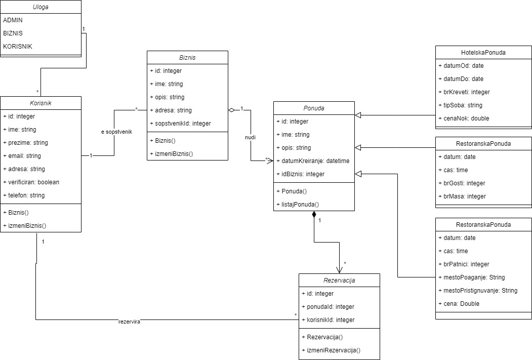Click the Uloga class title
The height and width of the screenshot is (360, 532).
point(40,7)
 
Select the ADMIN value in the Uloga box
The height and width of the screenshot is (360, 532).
point(13,20)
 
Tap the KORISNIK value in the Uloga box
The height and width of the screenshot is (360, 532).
point(18,47)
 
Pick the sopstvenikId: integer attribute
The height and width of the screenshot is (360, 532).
point(180,123)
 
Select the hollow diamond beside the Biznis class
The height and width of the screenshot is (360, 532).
point(231,110)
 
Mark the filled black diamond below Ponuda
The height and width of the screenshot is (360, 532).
point(314,215)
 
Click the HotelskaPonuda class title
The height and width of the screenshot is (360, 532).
point(483,52)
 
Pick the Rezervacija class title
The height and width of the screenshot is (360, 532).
point(339,280)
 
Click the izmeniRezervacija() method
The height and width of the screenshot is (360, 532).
point(333,350)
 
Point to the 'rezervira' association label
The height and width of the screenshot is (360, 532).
point(129,321)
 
